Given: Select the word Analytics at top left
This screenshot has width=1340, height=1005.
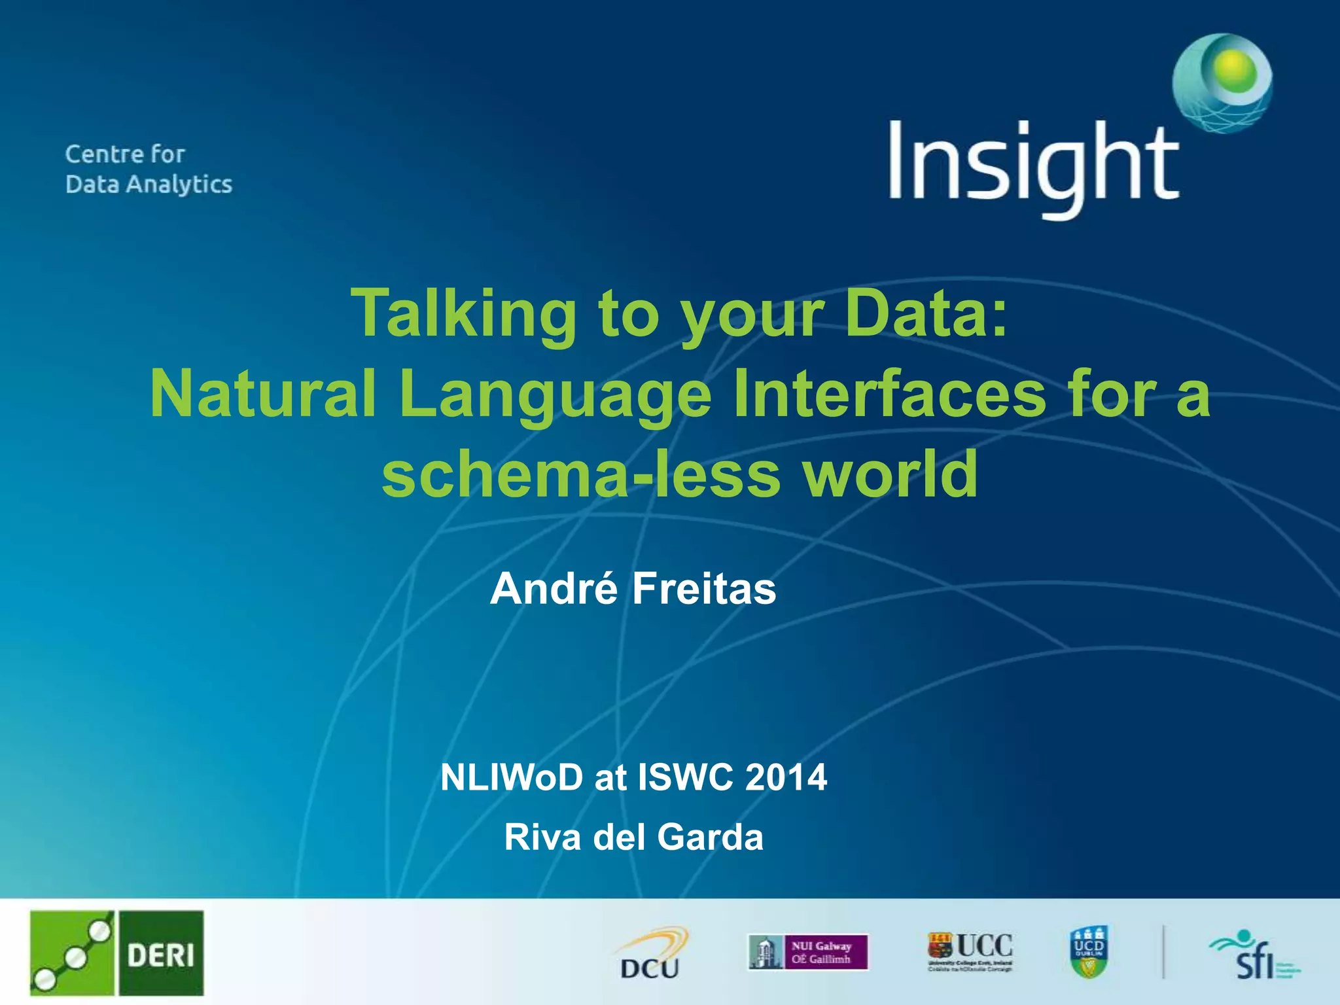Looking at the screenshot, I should coord(179,185).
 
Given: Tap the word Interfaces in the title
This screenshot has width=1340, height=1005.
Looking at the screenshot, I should coord(890,395).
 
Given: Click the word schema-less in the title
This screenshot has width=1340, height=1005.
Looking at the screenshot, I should coord(580,473).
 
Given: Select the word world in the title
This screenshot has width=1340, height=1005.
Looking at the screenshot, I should coord(890,473).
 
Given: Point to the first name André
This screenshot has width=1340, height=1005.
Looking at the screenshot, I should coord(554,589).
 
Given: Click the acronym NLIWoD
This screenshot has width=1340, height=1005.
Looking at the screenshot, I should coord(511,778).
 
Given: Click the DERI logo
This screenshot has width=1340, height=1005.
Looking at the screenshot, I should coord(116,953).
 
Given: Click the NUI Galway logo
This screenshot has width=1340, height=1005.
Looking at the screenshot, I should coord(808,952).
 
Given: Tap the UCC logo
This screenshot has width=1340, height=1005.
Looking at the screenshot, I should coord(970,952).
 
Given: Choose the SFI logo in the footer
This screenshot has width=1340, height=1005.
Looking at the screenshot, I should coord(1254,955).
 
